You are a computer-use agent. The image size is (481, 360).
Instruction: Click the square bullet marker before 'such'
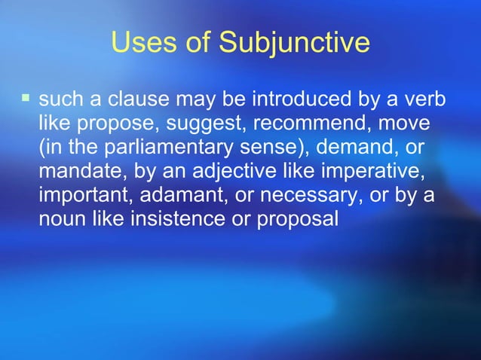(26, 98)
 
